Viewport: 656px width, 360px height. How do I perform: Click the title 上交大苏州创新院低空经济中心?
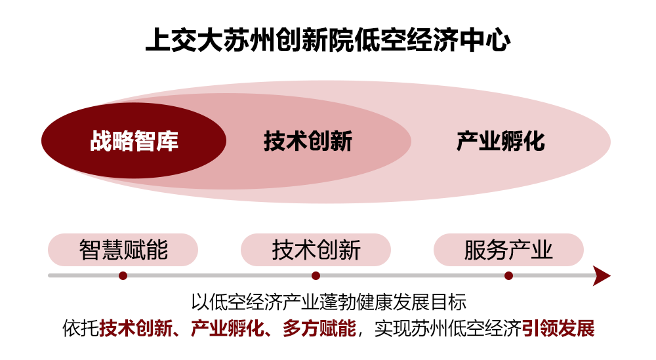click(328, 40)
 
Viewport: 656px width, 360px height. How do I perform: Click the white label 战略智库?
click(134, 141)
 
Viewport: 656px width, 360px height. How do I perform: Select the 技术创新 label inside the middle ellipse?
click(308, 141)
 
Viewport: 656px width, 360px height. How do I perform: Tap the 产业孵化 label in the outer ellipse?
click(501, 141)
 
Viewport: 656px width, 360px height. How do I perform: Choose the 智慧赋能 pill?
click(123, 250)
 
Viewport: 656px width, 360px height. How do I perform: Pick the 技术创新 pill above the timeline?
click(316, 250)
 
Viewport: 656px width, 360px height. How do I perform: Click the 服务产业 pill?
click(509, 250)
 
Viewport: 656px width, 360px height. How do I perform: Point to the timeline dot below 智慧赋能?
click(123, 275)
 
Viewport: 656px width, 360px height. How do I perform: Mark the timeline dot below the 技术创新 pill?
click(316, 275)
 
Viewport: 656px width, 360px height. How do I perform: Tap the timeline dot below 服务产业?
click(509, 275)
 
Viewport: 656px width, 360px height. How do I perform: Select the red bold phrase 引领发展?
click(558, 329)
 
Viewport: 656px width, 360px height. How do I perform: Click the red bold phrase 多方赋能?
click(319, 329)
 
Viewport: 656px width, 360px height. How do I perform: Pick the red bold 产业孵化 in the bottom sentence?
click(228, 329)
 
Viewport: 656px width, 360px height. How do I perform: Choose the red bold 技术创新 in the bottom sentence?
click(136, 329)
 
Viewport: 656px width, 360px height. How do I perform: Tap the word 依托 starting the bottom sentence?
click(81, 329)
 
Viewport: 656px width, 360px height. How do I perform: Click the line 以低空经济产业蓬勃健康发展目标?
click(329, 302)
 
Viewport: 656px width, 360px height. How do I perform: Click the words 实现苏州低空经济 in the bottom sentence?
click(448, 329)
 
